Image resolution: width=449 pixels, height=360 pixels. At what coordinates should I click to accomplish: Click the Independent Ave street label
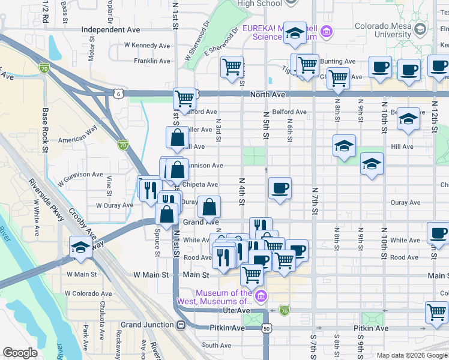[110, 29]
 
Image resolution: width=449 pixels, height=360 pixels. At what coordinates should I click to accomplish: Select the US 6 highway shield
[117, 93]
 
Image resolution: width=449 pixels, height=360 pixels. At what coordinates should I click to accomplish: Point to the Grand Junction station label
[147, 325]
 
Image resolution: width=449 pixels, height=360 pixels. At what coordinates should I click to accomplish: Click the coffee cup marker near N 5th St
[280, 189]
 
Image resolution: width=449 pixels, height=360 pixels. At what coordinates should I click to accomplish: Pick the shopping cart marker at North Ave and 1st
[185, 98]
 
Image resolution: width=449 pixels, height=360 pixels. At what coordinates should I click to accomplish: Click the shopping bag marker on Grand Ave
[209, 208]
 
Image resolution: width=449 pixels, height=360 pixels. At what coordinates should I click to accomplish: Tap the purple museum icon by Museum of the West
[261, 296]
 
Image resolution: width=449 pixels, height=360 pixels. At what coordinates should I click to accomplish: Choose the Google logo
[20, 353]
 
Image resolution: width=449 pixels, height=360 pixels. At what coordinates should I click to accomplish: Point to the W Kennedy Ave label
[146, 45]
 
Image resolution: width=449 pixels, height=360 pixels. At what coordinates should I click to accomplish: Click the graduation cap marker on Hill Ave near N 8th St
[344, 146]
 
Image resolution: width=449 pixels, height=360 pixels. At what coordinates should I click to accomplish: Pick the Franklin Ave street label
[152, 61]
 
